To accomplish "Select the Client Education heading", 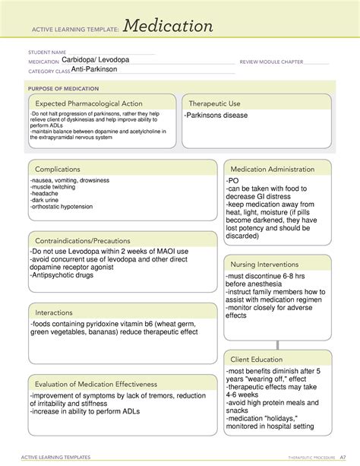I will click(x=259, y=359).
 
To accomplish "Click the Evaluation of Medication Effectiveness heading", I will click(x=96, y=384).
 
